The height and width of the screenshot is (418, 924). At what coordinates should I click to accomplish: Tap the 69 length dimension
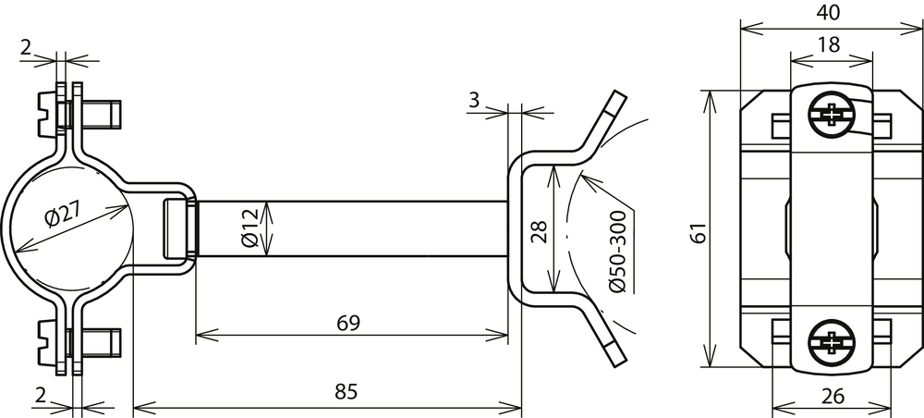click(348, 323)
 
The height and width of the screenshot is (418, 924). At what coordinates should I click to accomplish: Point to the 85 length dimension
click(346, 392)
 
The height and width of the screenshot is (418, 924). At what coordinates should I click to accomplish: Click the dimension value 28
click(539, 233)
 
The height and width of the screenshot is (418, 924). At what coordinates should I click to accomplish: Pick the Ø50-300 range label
click(618, 252)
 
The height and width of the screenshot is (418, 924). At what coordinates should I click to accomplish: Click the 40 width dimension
click(828, 12)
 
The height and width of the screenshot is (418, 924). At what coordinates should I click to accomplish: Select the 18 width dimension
click(829, 44)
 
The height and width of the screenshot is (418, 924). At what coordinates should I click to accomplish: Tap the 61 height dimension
click(698, 233)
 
